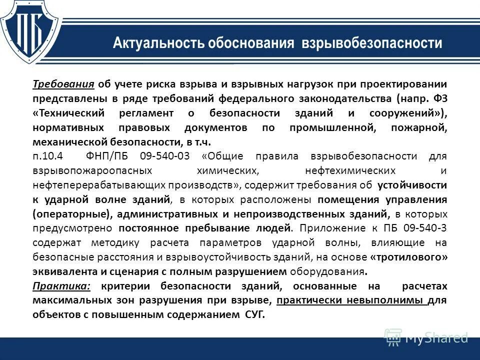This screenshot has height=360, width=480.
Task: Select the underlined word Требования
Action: [x=63, y=83]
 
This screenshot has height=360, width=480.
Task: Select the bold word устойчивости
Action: [x=412, y=185]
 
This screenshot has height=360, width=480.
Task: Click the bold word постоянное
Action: [x=148, y=228]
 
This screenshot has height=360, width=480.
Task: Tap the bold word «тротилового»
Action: [x=408, y=257]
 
